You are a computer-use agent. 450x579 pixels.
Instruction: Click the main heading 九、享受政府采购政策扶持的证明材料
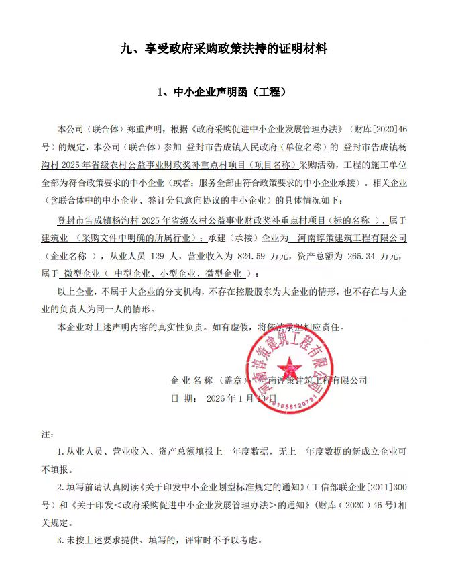(224, 48)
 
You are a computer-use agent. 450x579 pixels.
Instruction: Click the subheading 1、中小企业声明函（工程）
(224, 92)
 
